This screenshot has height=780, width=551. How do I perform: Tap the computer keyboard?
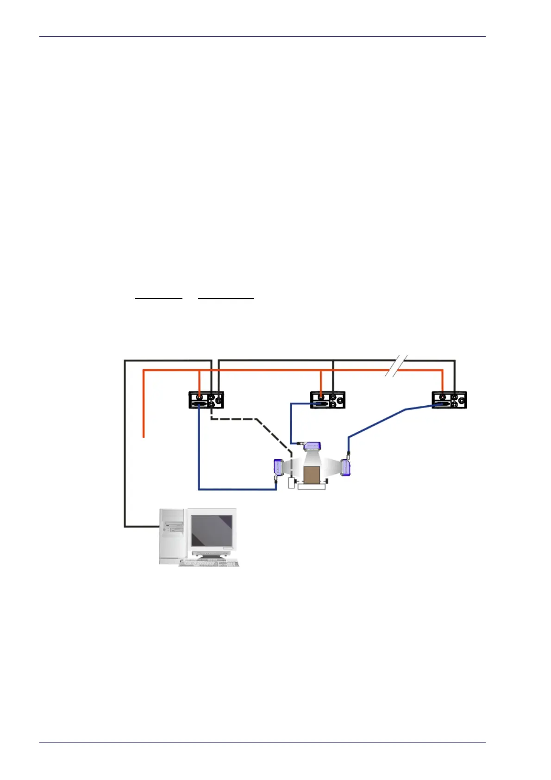click(x=209, y=563)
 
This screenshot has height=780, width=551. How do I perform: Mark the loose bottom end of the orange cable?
click(x=144, y=436)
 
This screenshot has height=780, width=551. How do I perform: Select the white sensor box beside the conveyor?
click(x=292, y=483)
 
